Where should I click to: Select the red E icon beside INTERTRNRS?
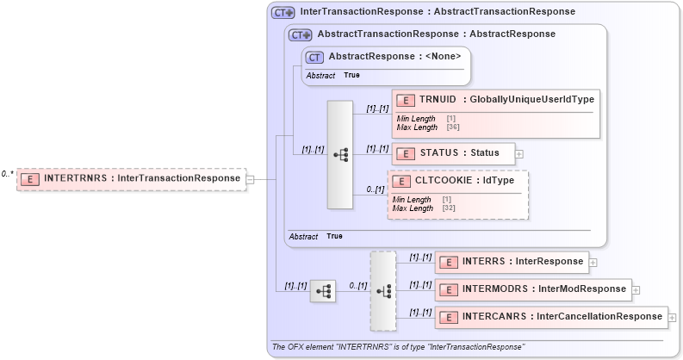pos(30,179)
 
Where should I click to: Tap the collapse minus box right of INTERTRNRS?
pos(250,179)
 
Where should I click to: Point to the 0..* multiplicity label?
pos(7,174)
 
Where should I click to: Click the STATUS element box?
pos(453,153)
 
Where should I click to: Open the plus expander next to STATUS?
pos(519,154)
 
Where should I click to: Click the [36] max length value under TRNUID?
pos(452,127)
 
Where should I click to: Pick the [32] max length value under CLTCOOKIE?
pos(448,208)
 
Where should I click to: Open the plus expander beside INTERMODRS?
pos(636,289)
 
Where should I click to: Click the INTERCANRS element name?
pos(494,317)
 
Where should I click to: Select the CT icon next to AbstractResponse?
pos(314,57)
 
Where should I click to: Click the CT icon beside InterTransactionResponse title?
pos(283,13)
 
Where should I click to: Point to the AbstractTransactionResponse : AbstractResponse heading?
pos(436,34)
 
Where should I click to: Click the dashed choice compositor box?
pos(383,291)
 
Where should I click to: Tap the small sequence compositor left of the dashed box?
pos(322,291)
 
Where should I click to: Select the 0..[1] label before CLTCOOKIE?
pos(375,189)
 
